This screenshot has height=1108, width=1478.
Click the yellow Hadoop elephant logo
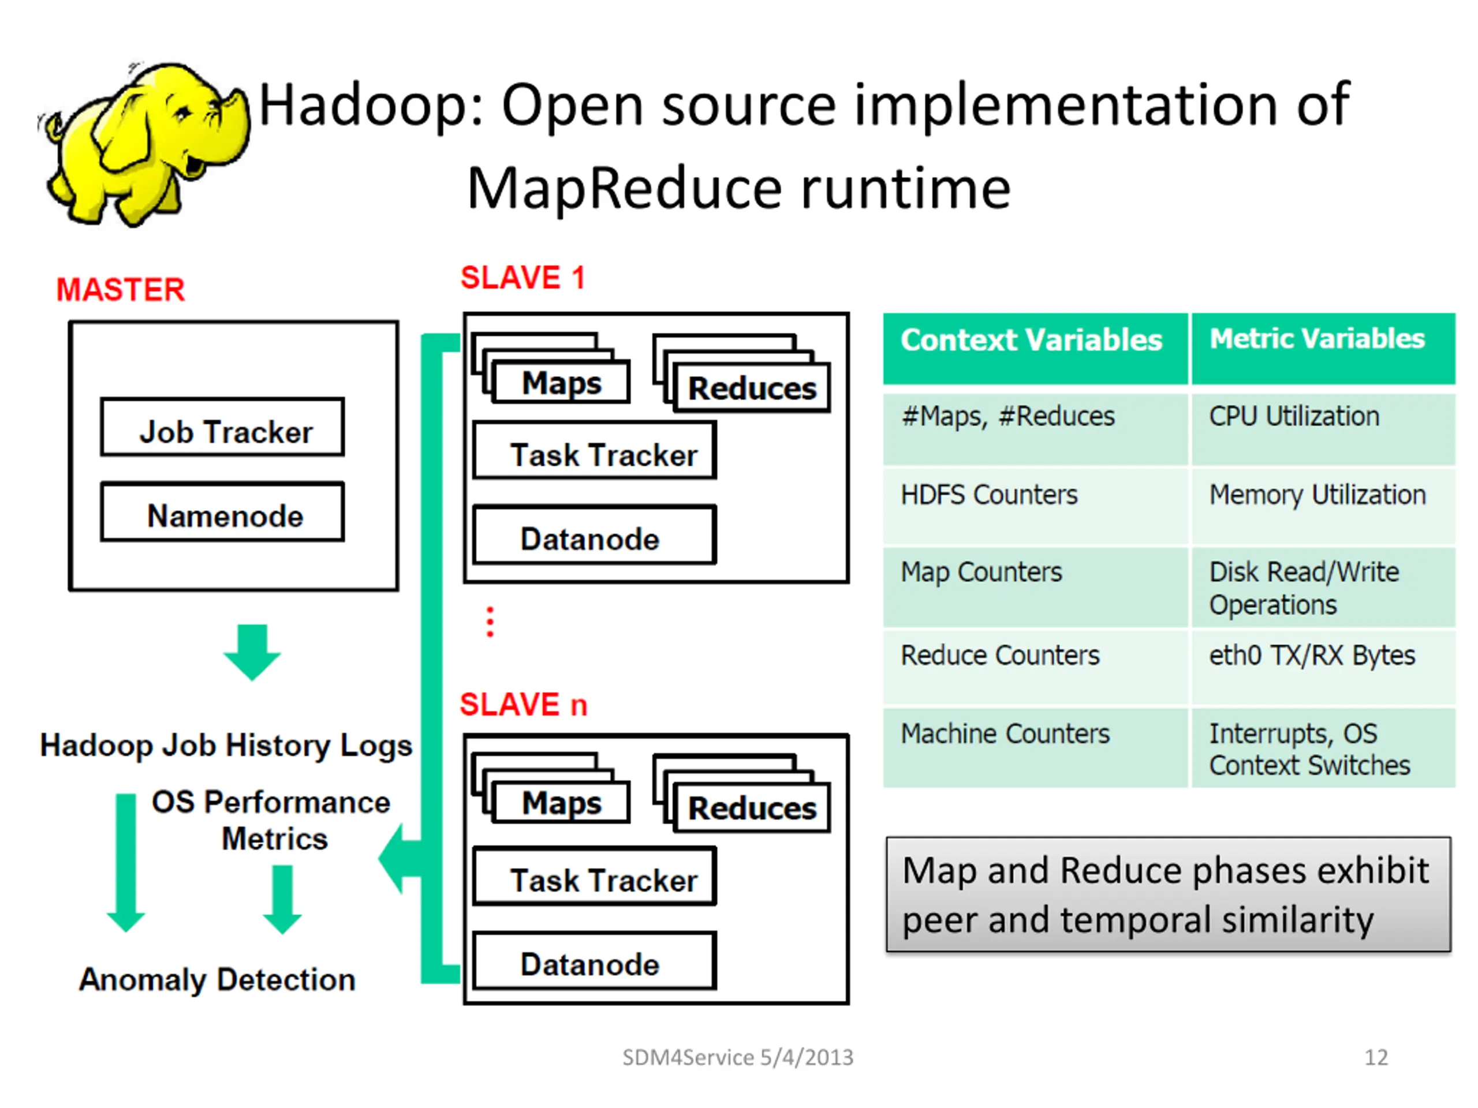(x=144, y=144)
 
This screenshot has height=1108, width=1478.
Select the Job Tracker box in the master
(x=222, y=428)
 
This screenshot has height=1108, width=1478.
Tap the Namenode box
(x=222, y=512)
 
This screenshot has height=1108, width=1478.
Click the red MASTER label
(x=120, y=290)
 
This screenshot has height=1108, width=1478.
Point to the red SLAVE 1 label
(x=522, y=278)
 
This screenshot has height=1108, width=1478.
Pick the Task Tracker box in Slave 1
(x=594, y=451)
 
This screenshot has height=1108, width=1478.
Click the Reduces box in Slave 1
(x=752, y=388)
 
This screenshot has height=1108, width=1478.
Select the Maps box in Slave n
(x=561, y=803)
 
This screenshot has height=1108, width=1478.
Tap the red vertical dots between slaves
(x=490, y=622)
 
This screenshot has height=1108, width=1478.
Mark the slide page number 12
(x=1376, y=1057)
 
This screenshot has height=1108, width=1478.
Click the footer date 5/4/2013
(x=807, y=1057)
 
